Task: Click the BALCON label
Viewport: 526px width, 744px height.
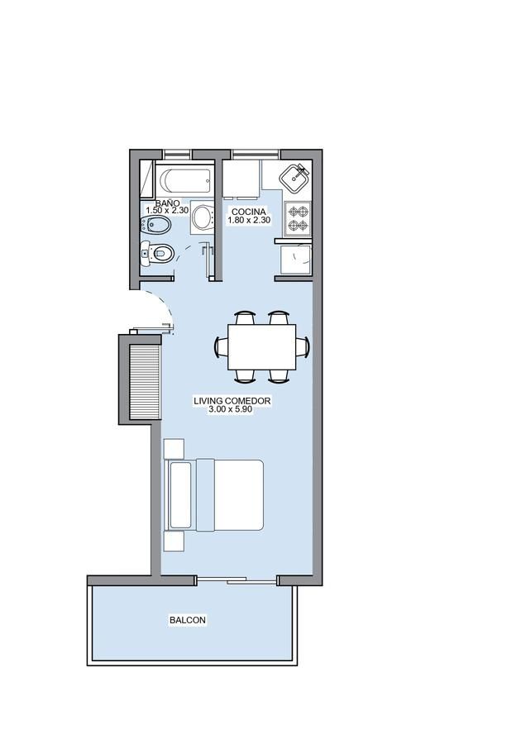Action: tap(188, 620)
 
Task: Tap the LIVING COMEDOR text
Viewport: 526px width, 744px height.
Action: tap(232, 401)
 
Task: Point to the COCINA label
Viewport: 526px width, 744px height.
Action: tap(249, 212)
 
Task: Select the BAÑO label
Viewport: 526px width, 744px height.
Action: tap(168, 203)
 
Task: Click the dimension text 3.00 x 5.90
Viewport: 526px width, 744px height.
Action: tap(230, 409)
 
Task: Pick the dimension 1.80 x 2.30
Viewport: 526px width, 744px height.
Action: tap(249, 220)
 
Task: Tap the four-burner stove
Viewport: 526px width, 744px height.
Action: tap(298, 218)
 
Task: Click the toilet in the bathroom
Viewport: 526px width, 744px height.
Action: tap(158, 254)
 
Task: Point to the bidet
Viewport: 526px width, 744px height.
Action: tap(155, 226)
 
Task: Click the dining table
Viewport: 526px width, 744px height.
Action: tap(262, 347)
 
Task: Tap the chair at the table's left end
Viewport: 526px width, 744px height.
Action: tap(222, 347)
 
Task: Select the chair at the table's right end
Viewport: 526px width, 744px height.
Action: tap(303, 347)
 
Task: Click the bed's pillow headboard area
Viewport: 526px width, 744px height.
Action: tap(180, 495)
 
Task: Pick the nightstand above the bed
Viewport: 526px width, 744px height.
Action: tap(174, 449)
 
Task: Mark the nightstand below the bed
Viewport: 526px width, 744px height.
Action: tap(174, 541)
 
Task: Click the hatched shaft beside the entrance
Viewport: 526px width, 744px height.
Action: tap(144, 382)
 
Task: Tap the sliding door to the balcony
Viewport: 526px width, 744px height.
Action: tap(237, 579)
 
